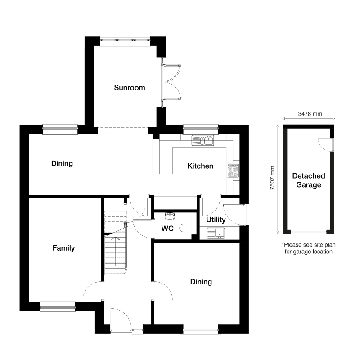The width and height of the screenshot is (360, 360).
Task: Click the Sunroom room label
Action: point(129,88)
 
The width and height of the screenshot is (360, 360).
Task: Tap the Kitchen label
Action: point(200,166)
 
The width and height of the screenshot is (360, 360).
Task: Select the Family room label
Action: point(63,248)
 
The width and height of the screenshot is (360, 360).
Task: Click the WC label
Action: point(167,229)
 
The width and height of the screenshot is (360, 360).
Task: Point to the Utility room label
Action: point(216,220)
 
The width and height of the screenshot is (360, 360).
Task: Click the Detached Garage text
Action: point(309,180)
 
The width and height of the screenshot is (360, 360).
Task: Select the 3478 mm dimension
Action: point(310,114)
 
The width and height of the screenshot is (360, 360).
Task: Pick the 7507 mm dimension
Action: point(272,179)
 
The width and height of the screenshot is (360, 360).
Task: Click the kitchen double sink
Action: point(203,140)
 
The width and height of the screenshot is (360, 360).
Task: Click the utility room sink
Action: point(216,233)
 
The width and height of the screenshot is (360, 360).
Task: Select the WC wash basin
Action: point(169,216)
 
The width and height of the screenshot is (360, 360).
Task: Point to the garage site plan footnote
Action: point(309,248)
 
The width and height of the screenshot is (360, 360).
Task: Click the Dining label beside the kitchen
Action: point(62,163)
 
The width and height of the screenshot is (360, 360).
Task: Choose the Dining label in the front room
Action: point(201,282)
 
